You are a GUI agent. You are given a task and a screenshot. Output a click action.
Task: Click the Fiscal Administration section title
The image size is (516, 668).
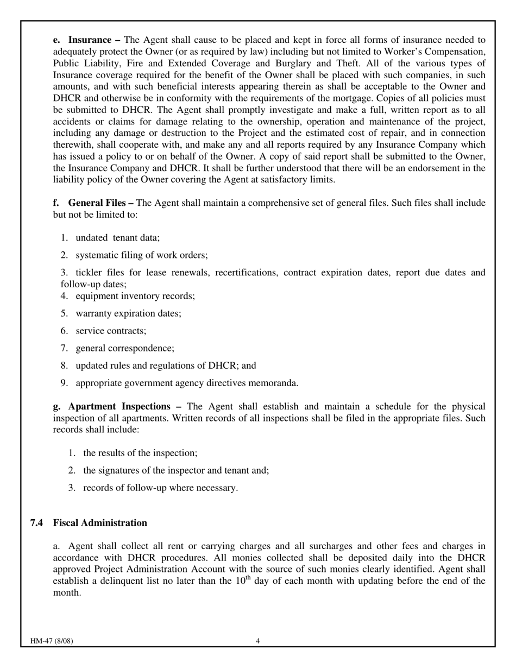[100, 522]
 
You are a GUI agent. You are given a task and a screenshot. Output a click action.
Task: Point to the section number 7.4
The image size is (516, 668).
[37, 522]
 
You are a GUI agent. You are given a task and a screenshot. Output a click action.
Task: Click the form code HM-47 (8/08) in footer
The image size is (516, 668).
[52, 641]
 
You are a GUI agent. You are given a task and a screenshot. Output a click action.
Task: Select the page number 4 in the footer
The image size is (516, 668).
[258, 641]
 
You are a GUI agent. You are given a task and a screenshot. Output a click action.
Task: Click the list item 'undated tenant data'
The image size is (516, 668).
[117, 237]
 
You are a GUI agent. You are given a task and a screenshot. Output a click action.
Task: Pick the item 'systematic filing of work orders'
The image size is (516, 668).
[141, 255]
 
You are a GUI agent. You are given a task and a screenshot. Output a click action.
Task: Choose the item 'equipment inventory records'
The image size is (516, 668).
[135, 296]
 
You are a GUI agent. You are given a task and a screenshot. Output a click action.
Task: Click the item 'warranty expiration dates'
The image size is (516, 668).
[128, 313]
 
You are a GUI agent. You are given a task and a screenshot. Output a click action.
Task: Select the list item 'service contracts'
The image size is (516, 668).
[111, 331]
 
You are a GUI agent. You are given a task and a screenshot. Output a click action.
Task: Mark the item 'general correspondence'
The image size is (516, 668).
[125, 348]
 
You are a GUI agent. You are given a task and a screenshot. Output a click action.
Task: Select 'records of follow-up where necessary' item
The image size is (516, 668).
[160, 488]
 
